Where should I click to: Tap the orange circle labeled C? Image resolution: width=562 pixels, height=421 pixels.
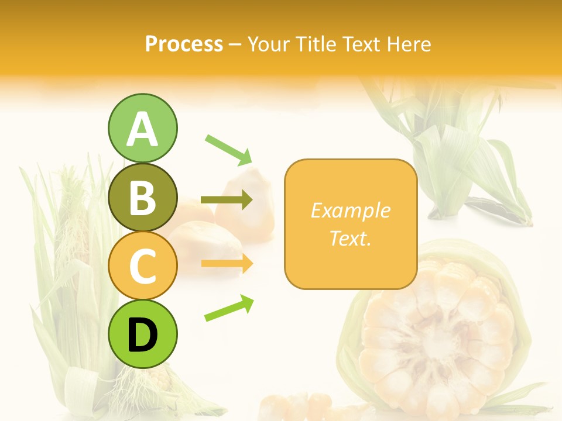(x=142, y=266)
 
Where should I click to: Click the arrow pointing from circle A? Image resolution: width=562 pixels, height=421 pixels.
(x=228, y=149)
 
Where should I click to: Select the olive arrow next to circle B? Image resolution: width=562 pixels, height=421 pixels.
(x=227, y=200)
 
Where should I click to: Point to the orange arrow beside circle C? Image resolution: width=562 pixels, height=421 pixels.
(x=227, y=264)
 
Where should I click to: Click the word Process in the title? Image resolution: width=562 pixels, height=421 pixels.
(x=184, y=44)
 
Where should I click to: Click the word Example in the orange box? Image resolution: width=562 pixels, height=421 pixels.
(x=351, y=210)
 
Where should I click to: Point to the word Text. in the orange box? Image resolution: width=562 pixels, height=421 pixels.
(x=351, y=238)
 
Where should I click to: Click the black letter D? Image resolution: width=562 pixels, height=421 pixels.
(x=142, y=337)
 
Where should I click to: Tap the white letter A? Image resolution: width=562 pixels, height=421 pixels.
(x=142, y=129)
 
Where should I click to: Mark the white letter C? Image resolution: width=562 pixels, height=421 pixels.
(x=142, y=266)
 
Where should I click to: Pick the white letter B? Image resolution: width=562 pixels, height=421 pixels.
(x=142, y=198)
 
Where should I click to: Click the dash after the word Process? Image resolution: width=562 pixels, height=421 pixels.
(x=235, y=44)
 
